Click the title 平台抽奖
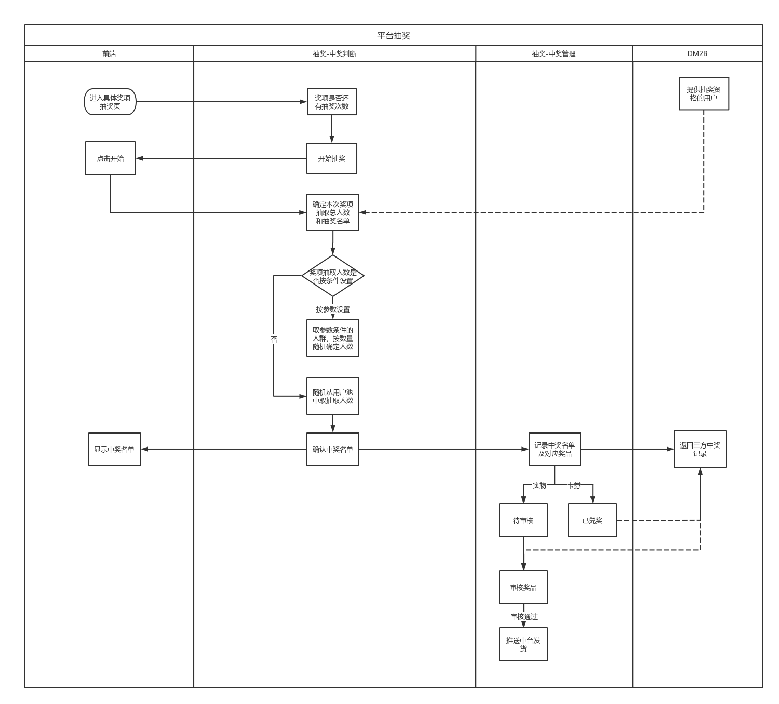(394, 36)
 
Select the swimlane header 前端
(109, 53)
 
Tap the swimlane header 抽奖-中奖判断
(334, 53)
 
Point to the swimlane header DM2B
(697, 53)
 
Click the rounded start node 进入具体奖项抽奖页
(110, 102)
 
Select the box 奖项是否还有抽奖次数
(332, 102)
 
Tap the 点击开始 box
(110, 158)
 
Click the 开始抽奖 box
(332, 158)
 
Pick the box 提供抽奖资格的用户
(704, 93)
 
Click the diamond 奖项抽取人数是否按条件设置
(333, 276)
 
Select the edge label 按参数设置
(333, 309)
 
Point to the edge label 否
(274, 339)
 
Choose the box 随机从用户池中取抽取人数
(333, 396)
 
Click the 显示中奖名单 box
(114, 449)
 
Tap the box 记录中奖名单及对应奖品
(555, 449)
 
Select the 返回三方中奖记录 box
(700, 449)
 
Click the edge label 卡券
(574, 485)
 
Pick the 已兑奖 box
(592, 520)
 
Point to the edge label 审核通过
(524, 617)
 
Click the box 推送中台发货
(523, 644)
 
